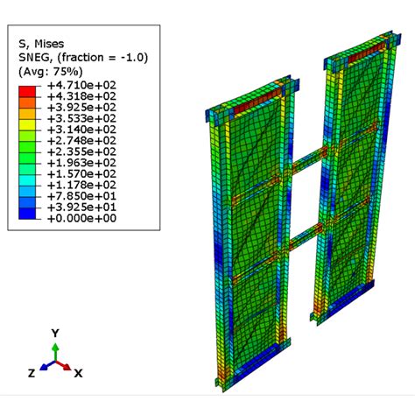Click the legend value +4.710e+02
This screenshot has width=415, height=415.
[x=82, y=85]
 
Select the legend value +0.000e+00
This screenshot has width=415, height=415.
[x=82, y=218]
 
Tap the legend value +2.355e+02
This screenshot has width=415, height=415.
[x=82, y=151]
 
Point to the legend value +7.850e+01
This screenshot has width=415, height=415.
[x=82, y=196]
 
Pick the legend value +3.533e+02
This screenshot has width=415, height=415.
[x=82, y=118]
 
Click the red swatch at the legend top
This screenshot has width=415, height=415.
[x=27, y=91]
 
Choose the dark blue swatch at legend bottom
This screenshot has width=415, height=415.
[x=27, y=214]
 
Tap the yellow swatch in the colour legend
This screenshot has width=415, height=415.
[x=27, y=124]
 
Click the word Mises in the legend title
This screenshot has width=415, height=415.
[x=49, y=44]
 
